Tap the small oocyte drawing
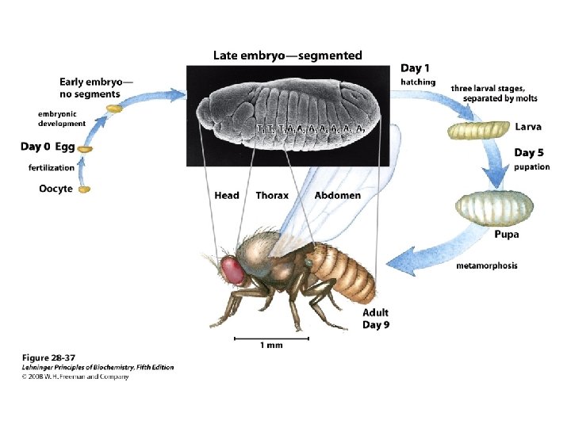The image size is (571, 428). point(85,189)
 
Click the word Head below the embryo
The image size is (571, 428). point(227,195)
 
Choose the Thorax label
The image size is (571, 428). point(272,195)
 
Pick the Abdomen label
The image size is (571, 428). point(337,195)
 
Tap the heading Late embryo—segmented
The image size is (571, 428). point(288,55)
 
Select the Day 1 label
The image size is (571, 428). point(416,69)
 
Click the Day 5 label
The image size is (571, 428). point(531,153)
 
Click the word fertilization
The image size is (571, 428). point(52,168)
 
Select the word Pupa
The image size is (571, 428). point(507,234)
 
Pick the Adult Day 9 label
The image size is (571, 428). point(376,319)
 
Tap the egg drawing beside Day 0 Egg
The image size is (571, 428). point(85,148)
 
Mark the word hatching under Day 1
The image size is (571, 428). point(417,82)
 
